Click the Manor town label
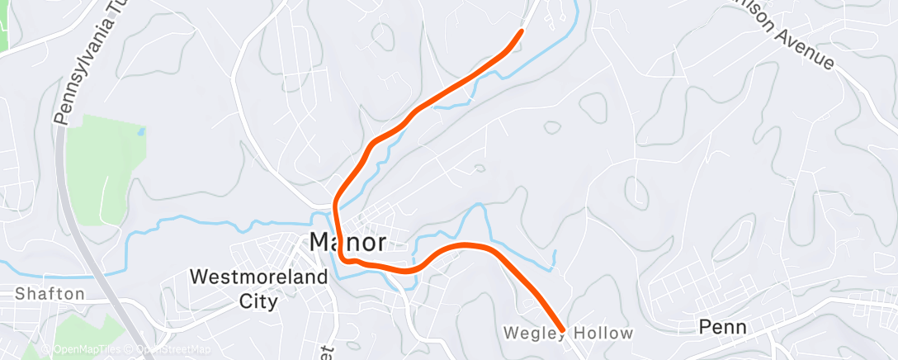point(347,242)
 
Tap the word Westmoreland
point(258,277)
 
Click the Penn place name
point(722,327)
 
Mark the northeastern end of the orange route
point(522,31)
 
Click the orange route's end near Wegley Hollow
point(562,330)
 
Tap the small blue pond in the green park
point(141,131)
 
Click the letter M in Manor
point(320,242)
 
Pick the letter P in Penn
point(705,327)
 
